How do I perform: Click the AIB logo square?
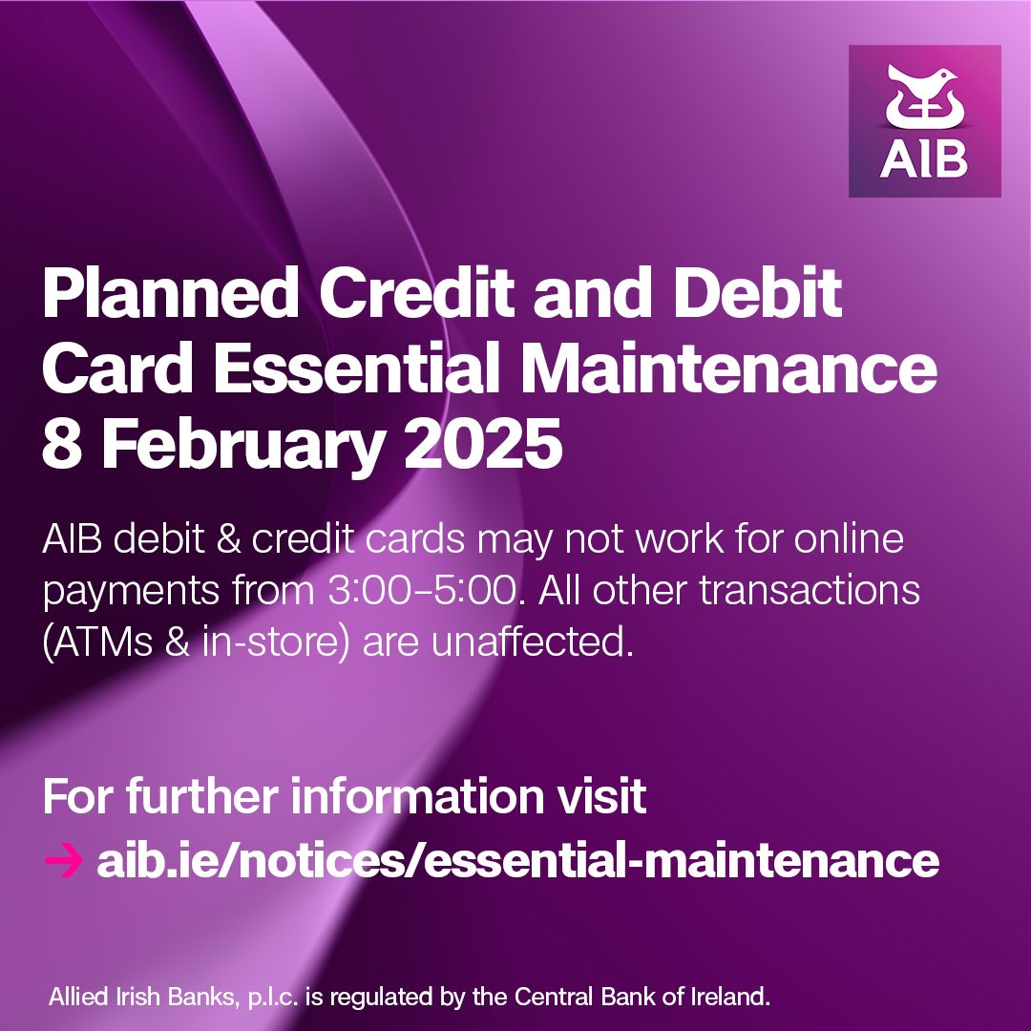pyautogui.click(x=924, y=121)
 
